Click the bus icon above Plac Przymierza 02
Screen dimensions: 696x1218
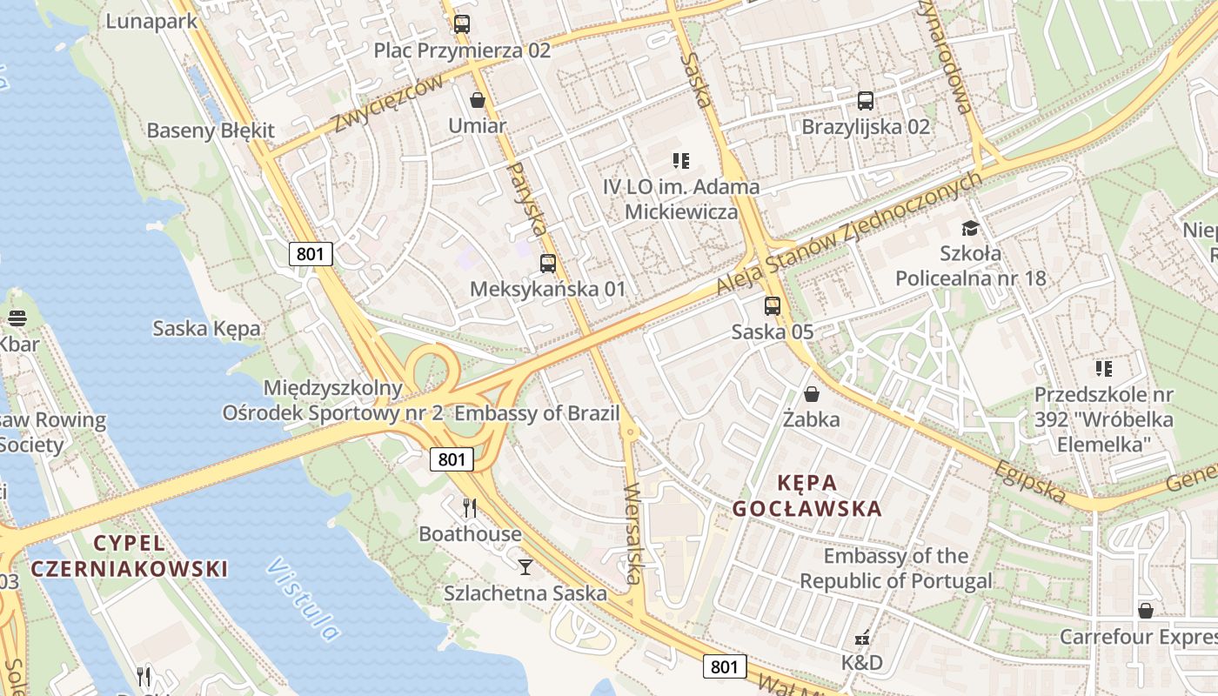tap(462, 24)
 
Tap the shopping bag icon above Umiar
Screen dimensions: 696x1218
tap(477, 100)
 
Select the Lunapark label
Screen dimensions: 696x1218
tap(153, 21)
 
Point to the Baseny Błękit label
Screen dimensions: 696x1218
tap(211, 131)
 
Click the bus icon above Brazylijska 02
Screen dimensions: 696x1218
tap(865, 101)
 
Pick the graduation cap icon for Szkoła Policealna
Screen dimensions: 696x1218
tap(970, 229)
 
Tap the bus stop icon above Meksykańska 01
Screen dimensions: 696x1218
tap(548, 263)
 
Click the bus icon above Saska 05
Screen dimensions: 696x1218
tap(773, 305)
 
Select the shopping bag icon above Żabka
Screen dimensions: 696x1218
tap(812, 394)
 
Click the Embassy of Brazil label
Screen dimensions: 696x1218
tap(537, 413)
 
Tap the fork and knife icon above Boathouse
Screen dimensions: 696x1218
tap(470, 507)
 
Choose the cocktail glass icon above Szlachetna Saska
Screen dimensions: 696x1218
tap(525, 567)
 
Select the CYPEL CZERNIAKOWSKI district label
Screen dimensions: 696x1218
tap(130, 556)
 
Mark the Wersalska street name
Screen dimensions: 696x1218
tap(632, 533)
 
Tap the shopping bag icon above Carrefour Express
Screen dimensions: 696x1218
tap(1146, 611)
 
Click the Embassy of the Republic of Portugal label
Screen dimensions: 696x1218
tap(896, 568)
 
